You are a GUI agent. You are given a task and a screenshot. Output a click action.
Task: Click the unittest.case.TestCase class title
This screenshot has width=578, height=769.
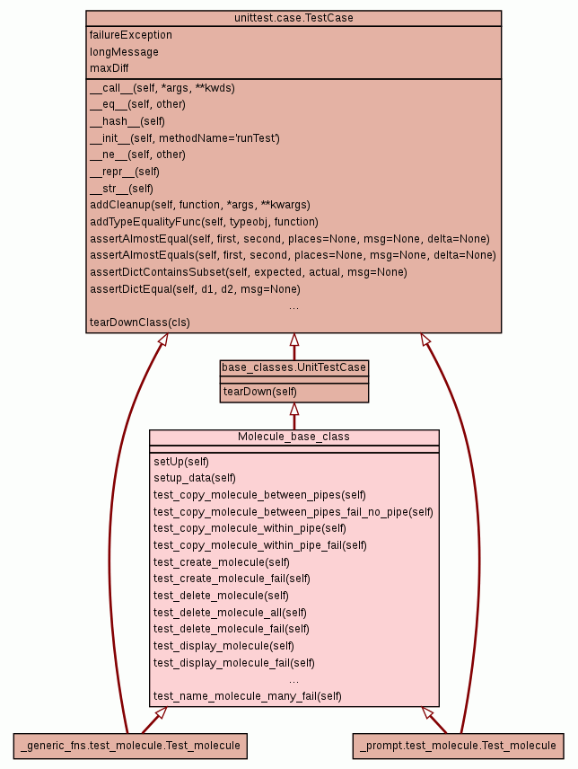coord(293,18)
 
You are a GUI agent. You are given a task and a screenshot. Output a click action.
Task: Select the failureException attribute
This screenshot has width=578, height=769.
coord(131,35)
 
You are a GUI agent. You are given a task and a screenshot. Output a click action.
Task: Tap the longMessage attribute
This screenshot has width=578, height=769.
coord(124,52)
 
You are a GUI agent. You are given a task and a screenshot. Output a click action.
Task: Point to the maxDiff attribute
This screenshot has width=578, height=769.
coord(109,68)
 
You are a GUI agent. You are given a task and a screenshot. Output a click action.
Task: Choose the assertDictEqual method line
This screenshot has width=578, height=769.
coord(195,289)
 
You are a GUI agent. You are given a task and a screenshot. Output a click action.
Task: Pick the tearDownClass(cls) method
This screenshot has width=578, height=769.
coord(140,323)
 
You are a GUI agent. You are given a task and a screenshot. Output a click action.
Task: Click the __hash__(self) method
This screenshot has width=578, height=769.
coord(127,121)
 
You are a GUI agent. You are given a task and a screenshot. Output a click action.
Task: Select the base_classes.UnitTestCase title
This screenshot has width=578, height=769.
coord(293,367)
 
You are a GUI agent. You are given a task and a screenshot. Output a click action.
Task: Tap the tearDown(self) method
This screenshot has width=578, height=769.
coord(260,392)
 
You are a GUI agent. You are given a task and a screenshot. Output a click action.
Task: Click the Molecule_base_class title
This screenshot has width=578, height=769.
coord(293,437)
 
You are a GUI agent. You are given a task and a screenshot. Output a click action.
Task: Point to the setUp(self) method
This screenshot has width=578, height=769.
coord(181,462)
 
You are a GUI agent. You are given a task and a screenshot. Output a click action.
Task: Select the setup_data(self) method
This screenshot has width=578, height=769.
coord(195,478)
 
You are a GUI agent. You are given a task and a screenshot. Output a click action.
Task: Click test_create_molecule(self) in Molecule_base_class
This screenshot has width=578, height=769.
coord(222,561)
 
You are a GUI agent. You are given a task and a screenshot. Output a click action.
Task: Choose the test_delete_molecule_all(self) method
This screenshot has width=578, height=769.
coord(230,612)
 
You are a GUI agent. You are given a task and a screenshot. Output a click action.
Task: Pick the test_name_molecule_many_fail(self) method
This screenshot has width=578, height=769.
coord(248,696)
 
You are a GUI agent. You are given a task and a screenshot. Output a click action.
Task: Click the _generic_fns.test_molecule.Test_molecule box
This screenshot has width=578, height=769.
coord(131,745)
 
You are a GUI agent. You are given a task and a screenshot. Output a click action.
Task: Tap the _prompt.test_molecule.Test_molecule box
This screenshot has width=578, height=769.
coord(458,745)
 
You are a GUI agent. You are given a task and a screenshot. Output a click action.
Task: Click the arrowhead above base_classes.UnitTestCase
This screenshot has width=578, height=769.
coord(293,340)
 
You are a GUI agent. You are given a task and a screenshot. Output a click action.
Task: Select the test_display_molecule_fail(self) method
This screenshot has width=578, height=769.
coord(233,662)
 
